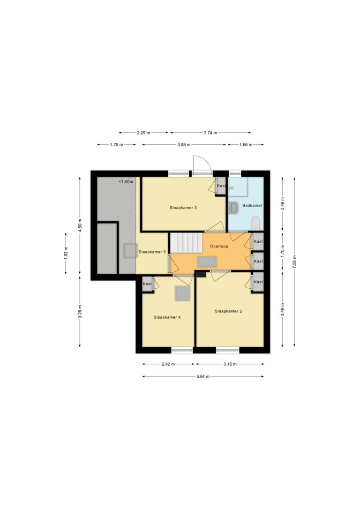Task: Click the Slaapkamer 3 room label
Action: click(183, 208)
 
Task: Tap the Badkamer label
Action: click(252, 205)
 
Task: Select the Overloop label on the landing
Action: click(219, 247)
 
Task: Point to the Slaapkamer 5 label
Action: click(152, 252)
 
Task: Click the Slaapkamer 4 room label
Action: click(167, 317)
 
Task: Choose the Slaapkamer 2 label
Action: click(229, 311)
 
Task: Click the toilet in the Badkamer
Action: click(256, 224)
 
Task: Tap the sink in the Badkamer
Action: click(233, 208)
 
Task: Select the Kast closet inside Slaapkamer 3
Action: click(221, 186)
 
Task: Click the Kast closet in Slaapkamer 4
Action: click(147, 284)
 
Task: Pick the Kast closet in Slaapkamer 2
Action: click(258, 282)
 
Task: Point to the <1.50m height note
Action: click(126, 182)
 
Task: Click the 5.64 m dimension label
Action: click(203, 376)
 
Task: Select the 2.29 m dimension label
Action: click(143, 133)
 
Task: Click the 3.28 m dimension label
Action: click(80, 312)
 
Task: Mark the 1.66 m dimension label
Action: click(246, 145)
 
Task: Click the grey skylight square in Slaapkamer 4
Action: click(182, 293)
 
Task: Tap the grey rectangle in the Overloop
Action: click(207, 262)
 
